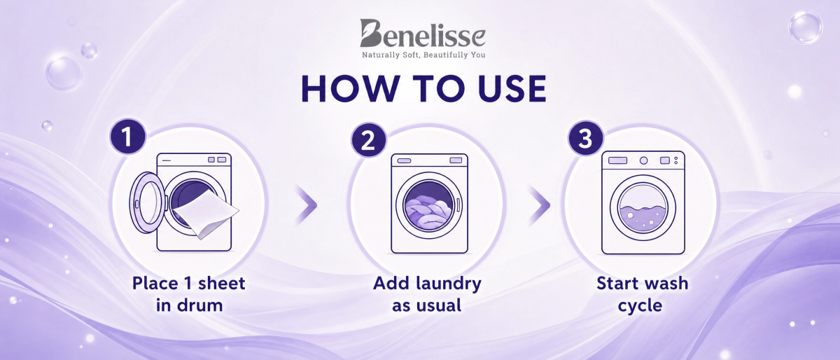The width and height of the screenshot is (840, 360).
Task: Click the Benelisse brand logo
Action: [423, 34]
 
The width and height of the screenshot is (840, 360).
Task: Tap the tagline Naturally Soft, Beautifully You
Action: [423, 55]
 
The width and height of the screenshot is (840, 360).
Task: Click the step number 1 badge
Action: [127, 137]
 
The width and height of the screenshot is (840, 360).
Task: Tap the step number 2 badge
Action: [368, 140]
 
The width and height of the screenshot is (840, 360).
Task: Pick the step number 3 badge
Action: [585, 138]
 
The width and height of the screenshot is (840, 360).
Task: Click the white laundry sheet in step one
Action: [206, 216]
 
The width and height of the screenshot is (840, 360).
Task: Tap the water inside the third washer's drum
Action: [643, 221]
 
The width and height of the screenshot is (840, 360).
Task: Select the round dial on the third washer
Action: [643, 160]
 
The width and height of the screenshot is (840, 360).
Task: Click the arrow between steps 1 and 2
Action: [307, 205]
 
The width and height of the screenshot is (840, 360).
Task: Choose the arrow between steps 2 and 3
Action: [540, 205]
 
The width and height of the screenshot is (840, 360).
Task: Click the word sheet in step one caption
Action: [222, 284]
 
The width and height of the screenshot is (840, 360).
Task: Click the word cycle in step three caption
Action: [640, 306]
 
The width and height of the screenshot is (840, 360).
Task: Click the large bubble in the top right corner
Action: [805, 27]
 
